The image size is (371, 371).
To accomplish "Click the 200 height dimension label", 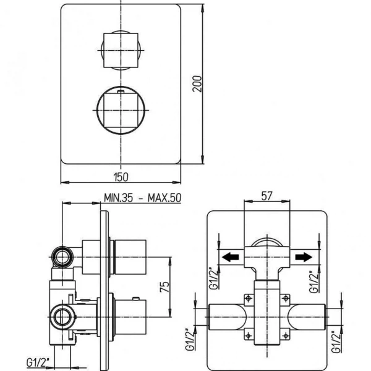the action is (197, 83).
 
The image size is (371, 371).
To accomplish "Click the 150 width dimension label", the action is (121, 177).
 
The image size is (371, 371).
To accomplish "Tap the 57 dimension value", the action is (267, 196).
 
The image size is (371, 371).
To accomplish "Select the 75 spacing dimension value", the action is (164, 287).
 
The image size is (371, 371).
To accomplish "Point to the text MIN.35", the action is (118, 198).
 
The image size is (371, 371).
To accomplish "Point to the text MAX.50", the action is (164, 198).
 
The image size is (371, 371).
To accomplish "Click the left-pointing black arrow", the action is (230, 257).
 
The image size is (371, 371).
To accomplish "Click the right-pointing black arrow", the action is (304, 257).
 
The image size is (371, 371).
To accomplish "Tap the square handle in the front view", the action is (121, 50).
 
